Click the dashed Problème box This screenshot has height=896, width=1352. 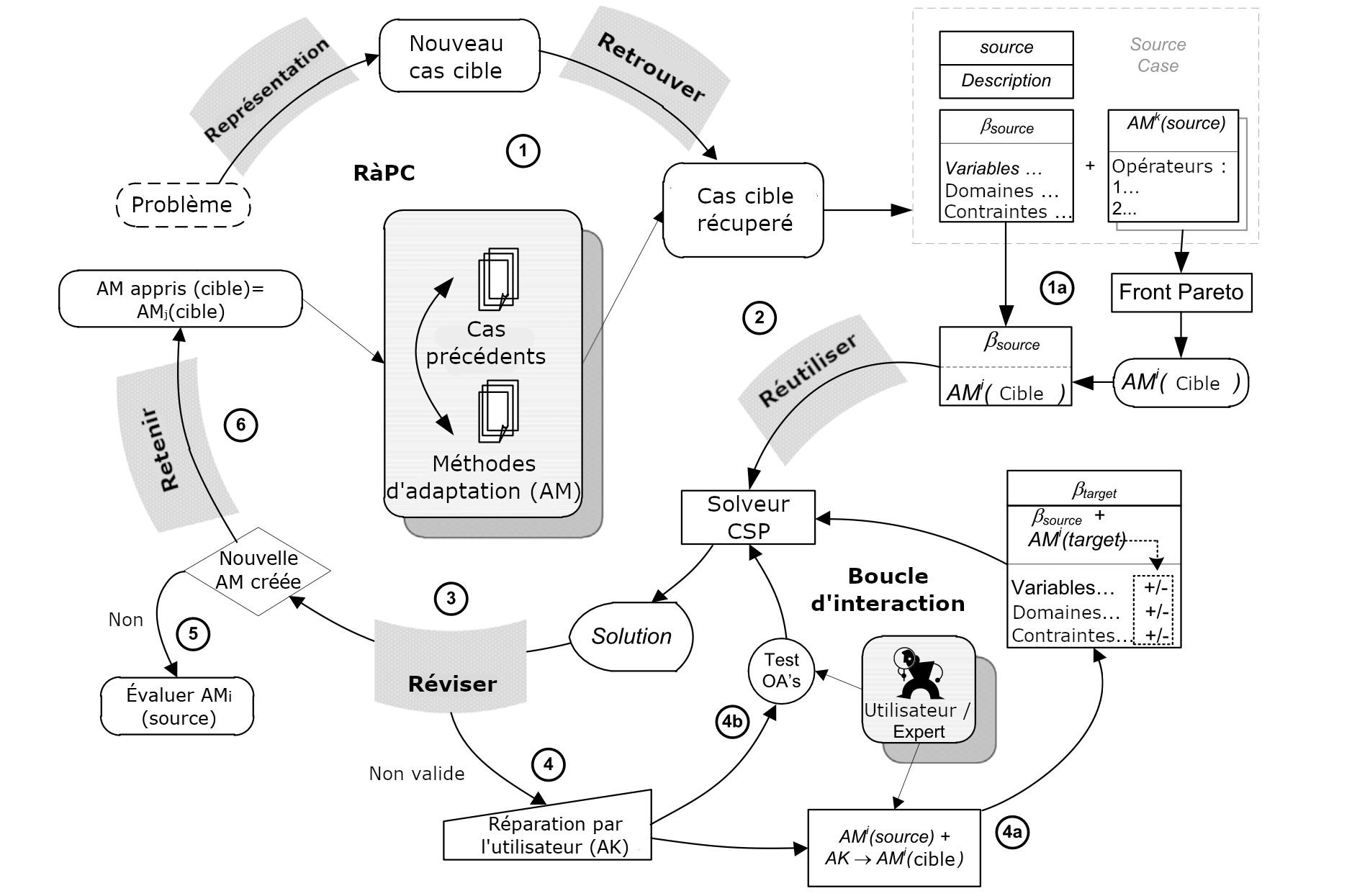(x=183, y=205)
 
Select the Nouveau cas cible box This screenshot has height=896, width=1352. (x=459, y=56)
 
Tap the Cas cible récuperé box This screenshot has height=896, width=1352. (x=743, y=210)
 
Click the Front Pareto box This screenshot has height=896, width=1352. (x=1181, y=292)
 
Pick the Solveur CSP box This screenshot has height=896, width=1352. (x=748, y=517)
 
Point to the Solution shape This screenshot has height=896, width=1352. (x=631, y=636)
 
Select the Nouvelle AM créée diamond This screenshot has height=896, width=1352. (x=258, y=571)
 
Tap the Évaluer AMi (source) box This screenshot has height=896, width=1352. (x=178, y=706)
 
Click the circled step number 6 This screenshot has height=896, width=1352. (x=240, y=425)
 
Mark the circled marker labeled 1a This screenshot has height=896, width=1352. (x=1056, y=289)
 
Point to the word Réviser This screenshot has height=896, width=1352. (x=452, y=684)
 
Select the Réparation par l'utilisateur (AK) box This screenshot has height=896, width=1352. (x=549, y=834)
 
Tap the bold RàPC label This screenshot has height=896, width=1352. (x=384, y=173)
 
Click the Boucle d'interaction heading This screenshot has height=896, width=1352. (x=888, y=589)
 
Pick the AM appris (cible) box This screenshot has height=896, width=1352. (x=180, y=299)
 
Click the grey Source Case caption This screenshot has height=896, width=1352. (x=1158, y=55)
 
